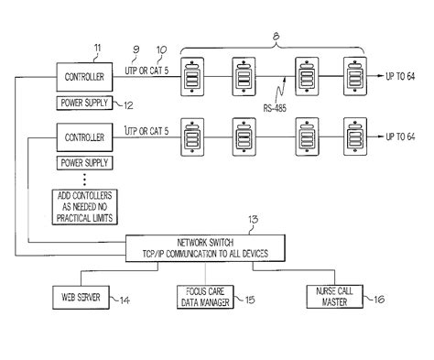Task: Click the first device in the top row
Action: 194,77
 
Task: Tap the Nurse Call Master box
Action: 338,298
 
